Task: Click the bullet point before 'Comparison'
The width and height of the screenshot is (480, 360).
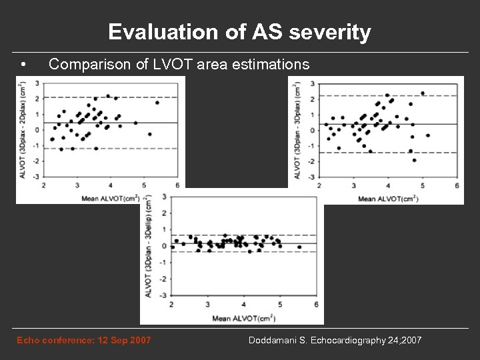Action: [x=23, y=65]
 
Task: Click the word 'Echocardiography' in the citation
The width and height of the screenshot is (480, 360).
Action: [x=343, y=341]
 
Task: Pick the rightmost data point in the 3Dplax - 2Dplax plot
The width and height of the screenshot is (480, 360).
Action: [x=157, y=103]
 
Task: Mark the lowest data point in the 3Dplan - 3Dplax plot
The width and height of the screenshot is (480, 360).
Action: [x=414, y=160]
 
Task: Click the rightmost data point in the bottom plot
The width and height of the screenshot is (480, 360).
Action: [x=299, y=247]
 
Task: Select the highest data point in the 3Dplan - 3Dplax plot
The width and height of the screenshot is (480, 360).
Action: [x=423, y=93]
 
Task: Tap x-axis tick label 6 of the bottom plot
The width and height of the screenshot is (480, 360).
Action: [x=315, y=304]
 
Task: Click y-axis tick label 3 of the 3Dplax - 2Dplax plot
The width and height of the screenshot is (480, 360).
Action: [x=36, y=83]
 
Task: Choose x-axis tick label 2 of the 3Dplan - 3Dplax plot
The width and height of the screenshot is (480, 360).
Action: [x=321, y=185]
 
